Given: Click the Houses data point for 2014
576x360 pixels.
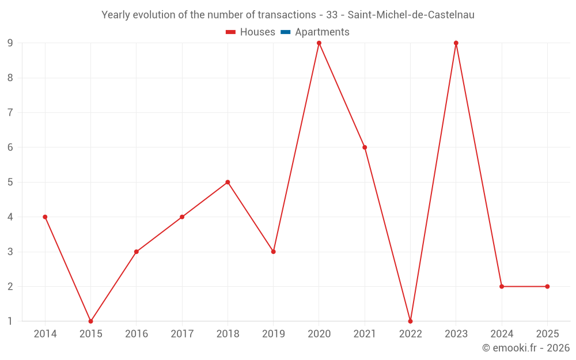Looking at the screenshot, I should click(45, 217).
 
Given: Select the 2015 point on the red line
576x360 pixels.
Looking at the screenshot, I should click(90, 321).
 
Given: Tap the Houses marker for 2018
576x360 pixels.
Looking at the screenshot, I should click(228, 182).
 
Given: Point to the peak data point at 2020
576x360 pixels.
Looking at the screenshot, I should click(319, 43).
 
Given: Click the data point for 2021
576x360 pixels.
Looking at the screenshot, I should click(365, 147).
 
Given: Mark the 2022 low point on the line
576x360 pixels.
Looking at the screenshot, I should click(410, 321).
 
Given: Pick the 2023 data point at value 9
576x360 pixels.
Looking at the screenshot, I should click(456, 43).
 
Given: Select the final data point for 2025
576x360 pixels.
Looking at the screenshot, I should click(547, 286).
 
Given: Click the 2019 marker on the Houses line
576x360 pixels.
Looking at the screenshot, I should click(273, 252).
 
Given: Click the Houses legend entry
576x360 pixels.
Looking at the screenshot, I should click(251, 32).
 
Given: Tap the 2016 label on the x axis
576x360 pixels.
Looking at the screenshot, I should click(136, 334).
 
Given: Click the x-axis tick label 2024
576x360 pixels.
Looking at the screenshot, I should click(502, 334).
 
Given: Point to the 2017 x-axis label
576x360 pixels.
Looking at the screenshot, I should click(182, 334).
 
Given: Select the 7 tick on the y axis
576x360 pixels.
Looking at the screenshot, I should click(10, 112).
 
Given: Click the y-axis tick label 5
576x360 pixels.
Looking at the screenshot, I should click(10, 182).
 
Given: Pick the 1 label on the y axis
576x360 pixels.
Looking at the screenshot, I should click(10, 321).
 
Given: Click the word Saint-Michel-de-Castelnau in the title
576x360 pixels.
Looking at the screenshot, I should click(411, 15).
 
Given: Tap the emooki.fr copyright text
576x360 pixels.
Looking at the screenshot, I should click(526, 348).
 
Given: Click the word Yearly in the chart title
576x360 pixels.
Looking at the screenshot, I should click(116, 15).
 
